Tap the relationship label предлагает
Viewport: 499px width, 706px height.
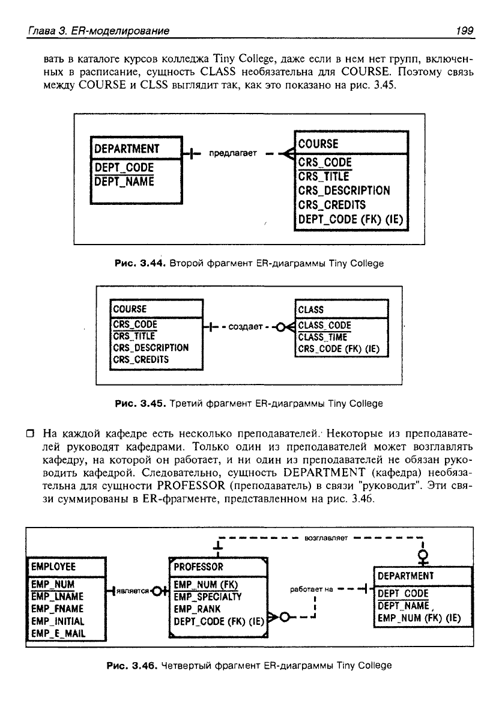(x=233, y=153)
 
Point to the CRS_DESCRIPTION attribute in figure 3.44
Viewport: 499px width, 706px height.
(x=344, y=190)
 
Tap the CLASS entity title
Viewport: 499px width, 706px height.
(x=310, y=309)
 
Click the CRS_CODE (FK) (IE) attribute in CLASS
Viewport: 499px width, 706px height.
(x=340, y=350)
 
